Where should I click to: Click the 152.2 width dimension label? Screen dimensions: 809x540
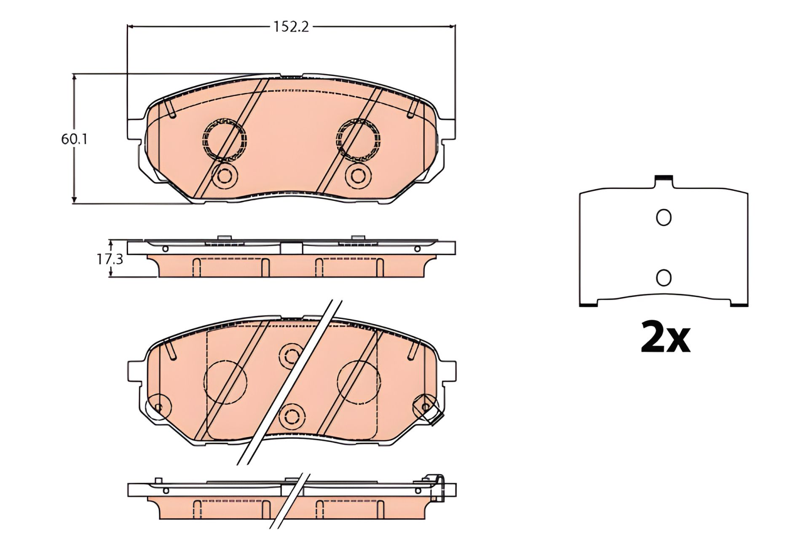coord(291,27)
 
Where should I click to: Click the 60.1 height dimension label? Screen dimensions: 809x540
coord(74,139)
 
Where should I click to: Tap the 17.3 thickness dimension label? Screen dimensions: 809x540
coord(110,259)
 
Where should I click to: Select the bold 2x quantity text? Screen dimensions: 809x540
coord(665,337)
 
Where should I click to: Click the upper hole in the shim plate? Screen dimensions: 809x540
coord(664,217)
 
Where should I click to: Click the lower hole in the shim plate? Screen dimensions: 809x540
coord(664,277)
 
